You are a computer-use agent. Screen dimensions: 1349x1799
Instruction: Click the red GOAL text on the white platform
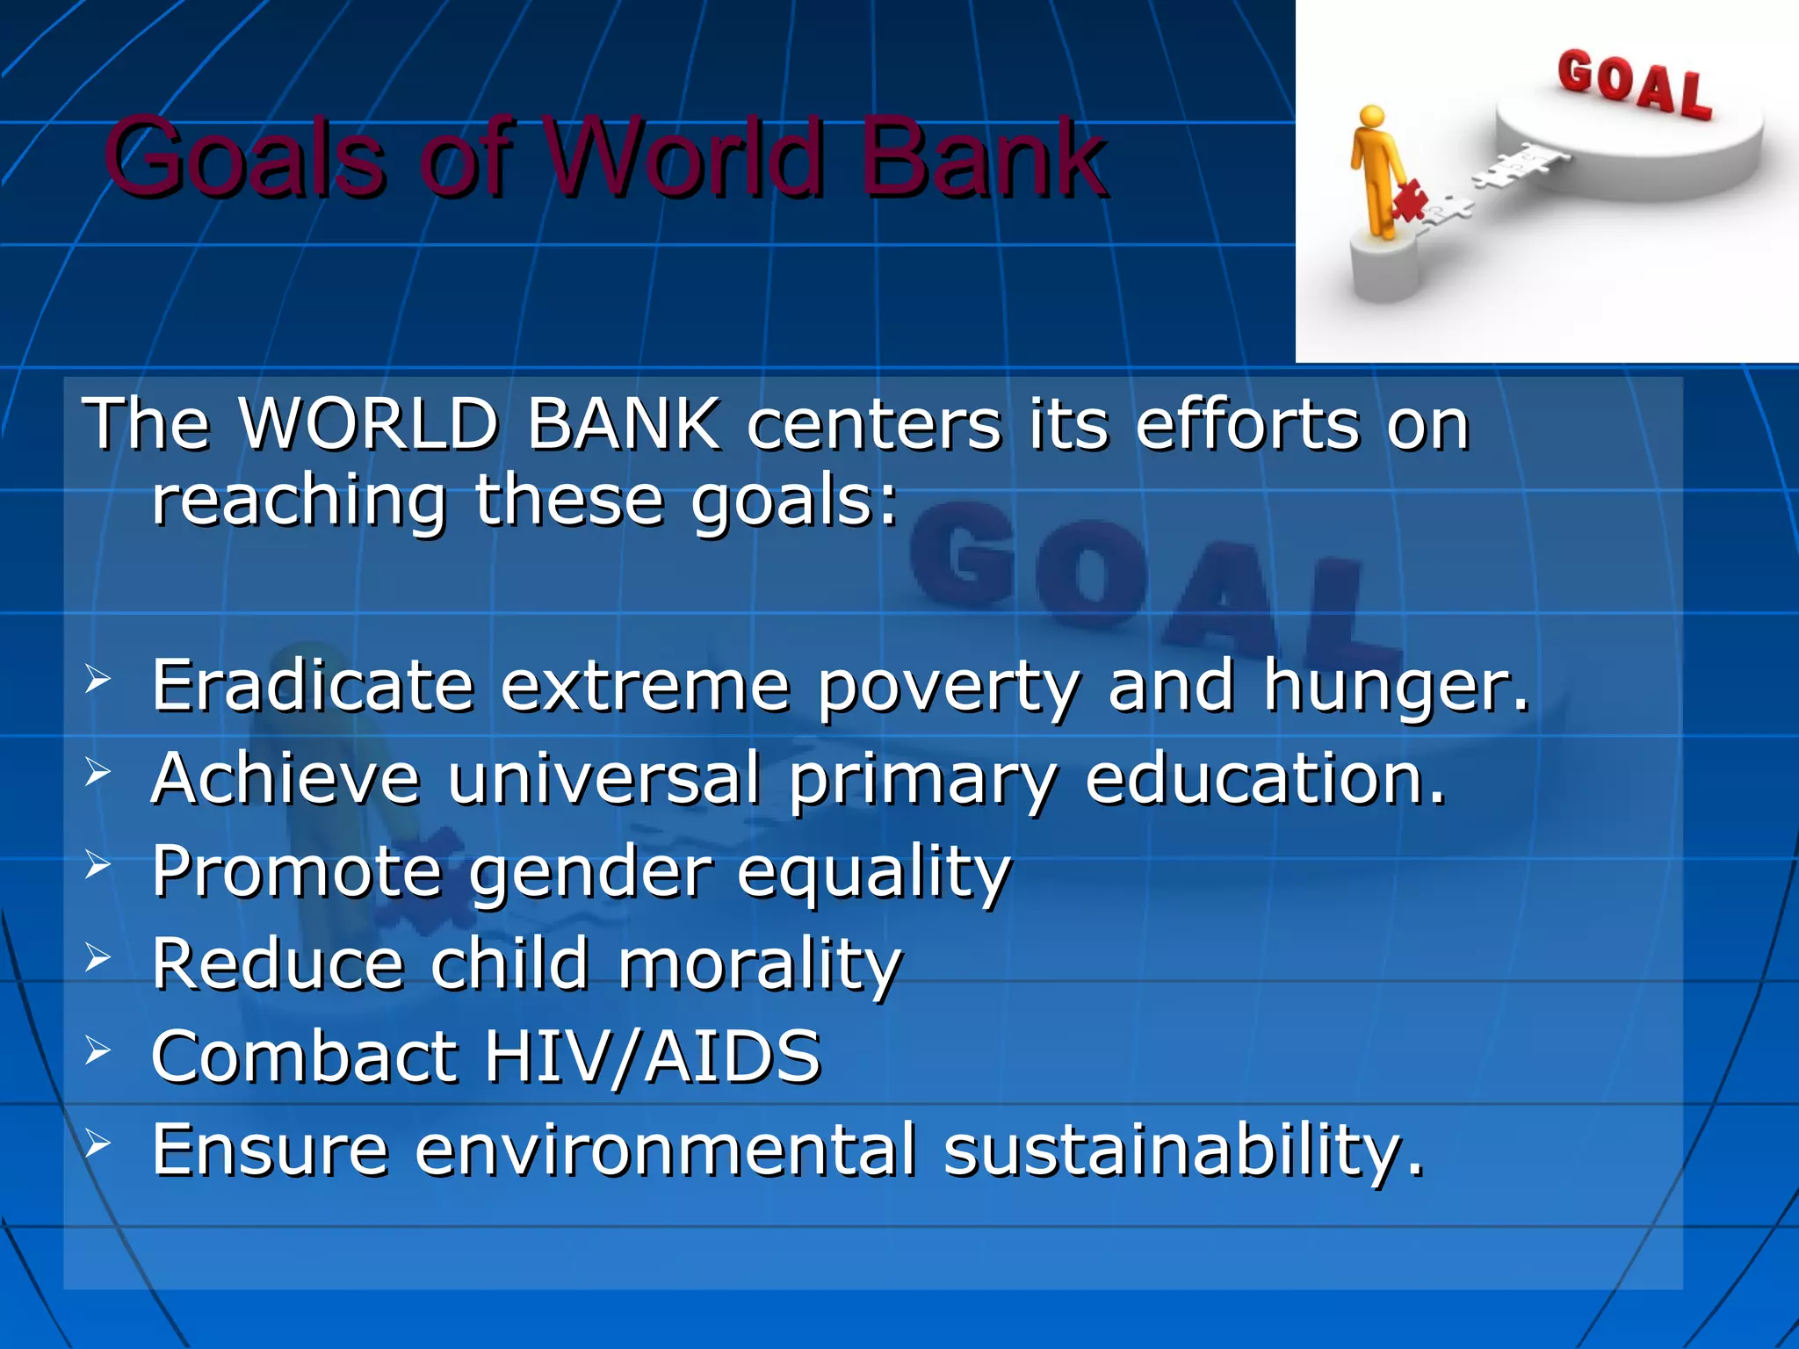click(x=1635, y=85)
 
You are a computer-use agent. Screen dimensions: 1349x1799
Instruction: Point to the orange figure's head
click(x=1371, y=117)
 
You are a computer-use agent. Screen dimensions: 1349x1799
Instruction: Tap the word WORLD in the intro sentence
click(x=369, y=424)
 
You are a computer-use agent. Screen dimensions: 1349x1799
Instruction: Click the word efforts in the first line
click(x=1247, y=424)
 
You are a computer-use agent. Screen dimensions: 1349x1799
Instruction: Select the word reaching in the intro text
click(x=299, y=501)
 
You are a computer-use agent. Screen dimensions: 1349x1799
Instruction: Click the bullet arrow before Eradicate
click(x=98, y=679)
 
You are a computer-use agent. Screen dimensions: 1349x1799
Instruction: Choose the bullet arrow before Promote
click(x=98, y=865)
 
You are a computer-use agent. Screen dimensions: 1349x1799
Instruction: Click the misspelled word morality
click(x=760, y=964)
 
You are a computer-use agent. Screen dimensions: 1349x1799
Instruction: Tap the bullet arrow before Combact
click(x=98, y=1050)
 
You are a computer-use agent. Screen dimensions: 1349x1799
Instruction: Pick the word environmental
click(x=666, y=1151)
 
